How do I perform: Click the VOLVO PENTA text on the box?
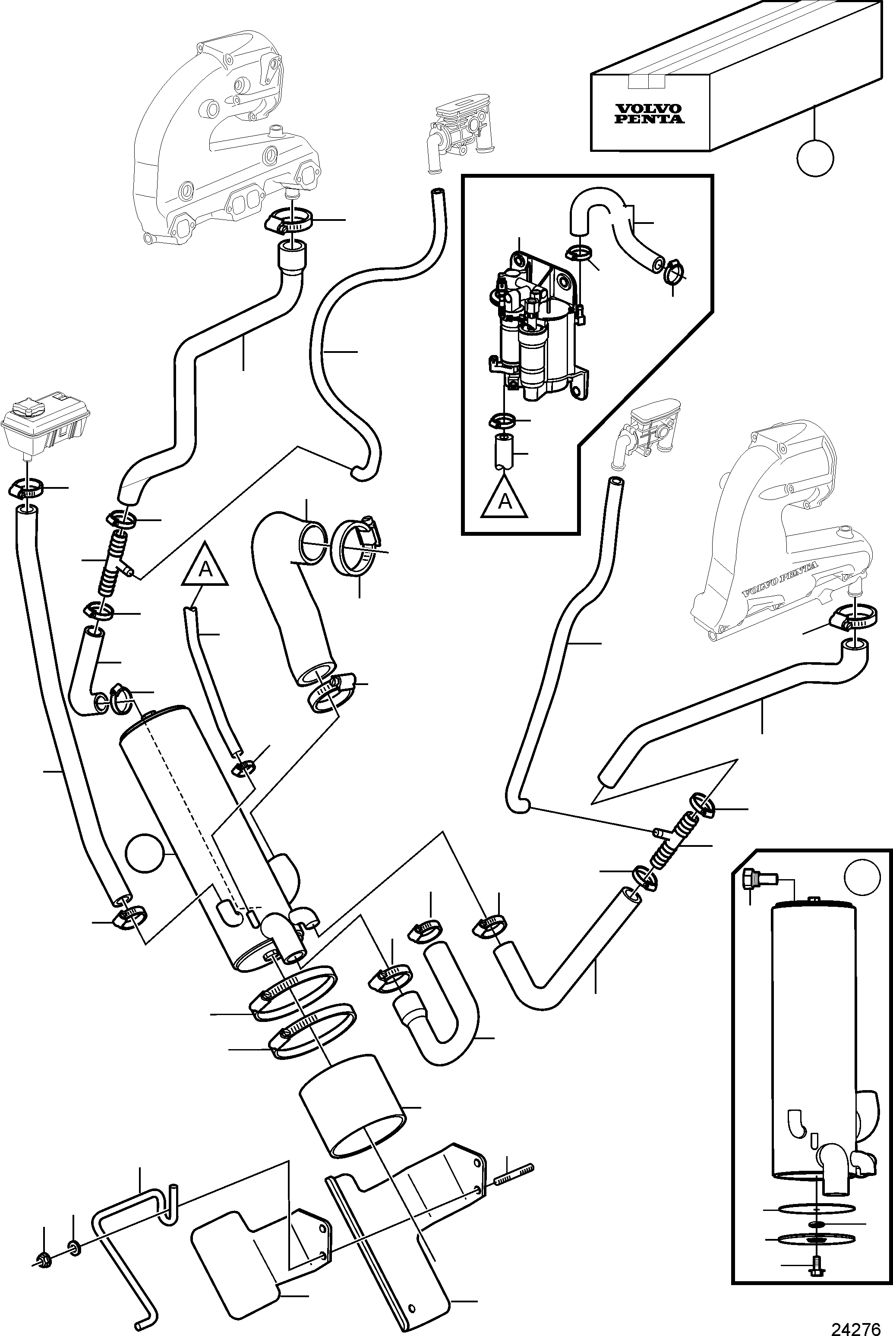pyautogui.click(x=650, y=114)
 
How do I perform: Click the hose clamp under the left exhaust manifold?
pyautogui.click(x=290, y=221)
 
